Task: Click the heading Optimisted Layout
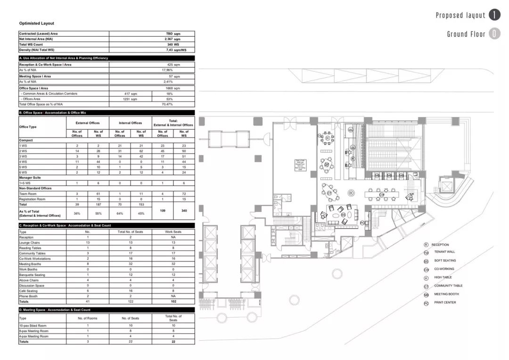37,23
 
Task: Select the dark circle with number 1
494,15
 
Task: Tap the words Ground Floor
466,34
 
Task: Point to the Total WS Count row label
31,44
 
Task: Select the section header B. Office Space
52,113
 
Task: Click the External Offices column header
88,123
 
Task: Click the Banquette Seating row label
32,275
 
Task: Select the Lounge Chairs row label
29,242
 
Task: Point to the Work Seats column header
173,232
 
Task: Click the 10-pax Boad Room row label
33,326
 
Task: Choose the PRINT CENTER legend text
445,303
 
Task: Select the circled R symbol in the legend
426,245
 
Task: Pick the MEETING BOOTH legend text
446,294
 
